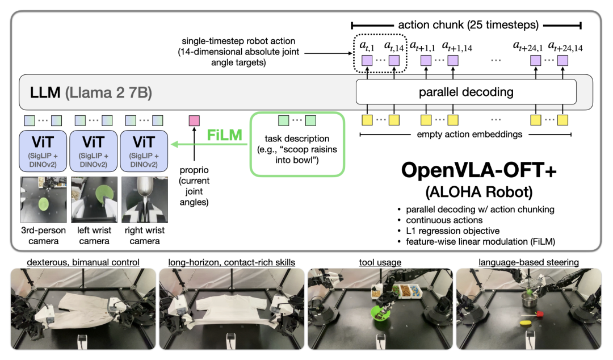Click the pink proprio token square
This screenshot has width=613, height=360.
coord(195,120)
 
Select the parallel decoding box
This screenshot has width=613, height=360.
coord(465,91)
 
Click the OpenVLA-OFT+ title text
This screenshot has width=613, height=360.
coord(473,170)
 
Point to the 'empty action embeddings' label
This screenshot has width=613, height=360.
coord(465,135)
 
